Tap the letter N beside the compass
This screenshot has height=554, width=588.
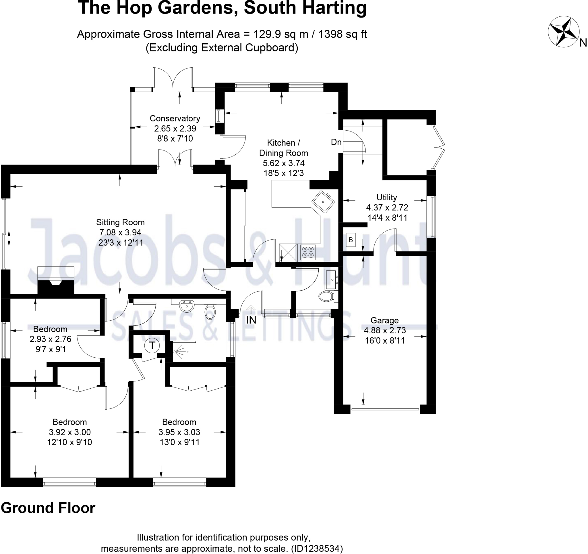pyautogui.click(x=583, y=43)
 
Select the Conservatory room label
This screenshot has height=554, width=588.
pyautogui.click(x=175, y=118)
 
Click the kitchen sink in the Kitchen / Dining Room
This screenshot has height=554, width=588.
pyautogui.click(x=323, y=202)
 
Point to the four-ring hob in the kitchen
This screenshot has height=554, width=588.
pyautogui.click(x=308, y=252)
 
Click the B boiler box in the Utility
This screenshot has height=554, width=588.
pyautogui.click(x=351, y=240)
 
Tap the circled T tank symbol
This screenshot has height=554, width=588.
pyautogui.click(x=152, y=345)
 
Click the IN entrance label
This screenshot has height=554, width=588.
pyautogui.click(x=251, y=320)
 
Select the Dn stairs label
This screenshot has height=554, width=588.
pyautogui.click(x=336, y=142)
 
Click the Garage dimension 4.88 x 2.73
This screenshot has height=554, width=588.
pyautogui.click(x=384, y=330)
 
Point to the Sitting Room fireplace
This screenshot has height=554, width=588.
pyautogui.click(x=56, y=280)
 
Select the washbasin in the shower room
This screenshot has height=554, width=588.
pyautogui.click(x=187, y=306)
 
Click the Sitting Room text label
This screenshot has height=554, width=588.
pyautogui.click(x=120, y=222)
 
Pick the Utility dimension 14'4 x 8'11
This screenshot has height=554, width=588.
pyautogui.click(x=387, y=218)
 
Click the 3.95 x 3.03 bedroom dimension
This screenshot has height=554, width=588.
pyautogui.click(x=179, y=432)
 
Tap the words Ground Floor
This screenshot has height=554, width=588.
pyautogui.click(x=48, y=508)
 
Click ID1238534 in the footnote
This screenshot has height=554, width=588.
pyautogui.click(x=316, y=549)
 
